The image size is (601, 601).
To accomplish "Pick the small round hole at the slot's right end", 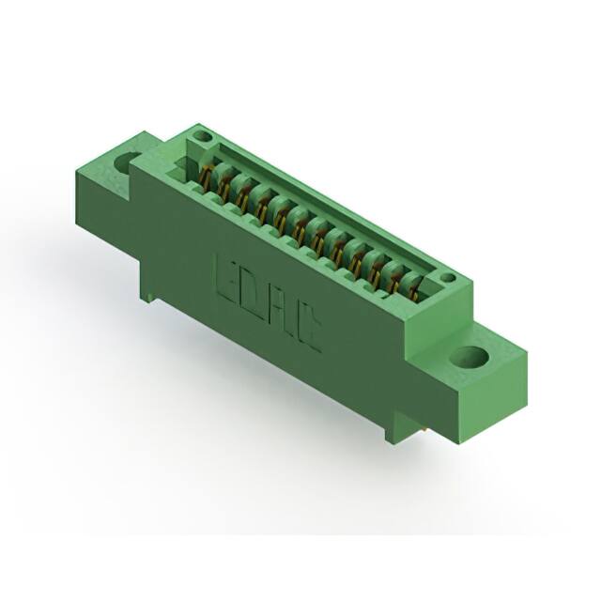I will [x=448, y=278].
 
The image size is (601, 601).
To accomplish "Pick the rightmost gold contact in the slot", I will [x=414, y=282].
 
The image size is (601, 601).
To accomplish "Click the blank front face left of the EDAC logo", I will [x=178, y=244].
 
